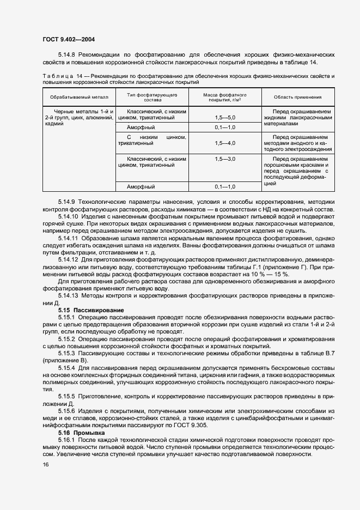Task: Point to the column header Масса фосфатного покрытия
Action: [x=224, y=97]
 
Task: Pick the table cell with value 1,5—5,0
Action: [x=224, y=117]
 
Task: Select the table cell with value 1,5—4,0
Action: [x=224, y=143]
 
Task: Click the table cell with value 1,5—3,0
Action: [x=224, y=159]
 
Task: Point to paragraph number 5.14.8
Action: [x=67, y=55]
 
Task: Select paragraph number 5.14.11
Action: [x=69, y=238]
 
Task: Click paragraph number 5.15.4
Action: [x=67, y=368]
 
